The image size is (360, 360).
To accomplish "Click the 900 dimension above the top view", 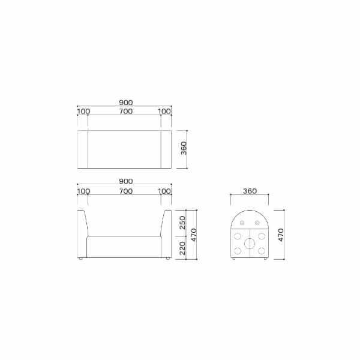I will point(125,102).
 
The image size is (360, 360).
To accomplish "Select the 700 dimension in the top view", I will point(125,112).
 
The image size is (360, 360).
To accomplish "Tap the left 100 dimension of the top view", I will point(83,112).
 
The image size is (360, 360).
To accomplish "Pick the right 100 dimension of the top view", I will point(164,112).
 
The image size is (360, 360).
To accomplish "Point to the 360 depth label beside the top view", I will point(184,148).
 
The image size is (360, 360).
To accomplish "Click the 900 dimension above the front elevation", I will point(125,181).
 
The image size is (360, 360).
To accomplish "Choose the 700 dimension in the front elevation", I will point(125,191).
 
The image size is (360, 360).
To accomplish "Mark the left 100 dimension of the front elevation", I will point(83,191).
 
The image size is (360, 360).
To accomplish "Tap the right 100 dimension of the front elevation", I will point(164,191).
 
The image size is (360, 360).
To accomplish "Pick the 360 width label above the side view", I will point(250,191).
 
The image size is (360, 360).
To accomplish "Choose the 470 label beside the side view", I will point(281,234).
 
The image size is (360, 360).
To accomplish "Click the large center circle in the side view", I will point(250,244).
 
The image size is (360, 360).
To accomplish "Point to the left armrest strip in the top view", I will point(83,148).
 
